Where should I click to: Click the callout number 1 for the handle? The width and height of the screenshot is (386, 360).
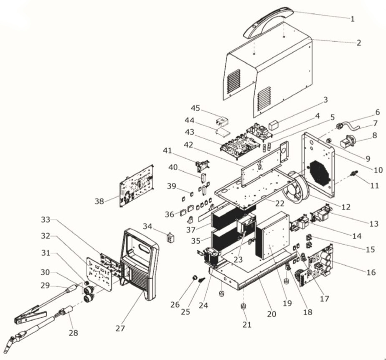pos(352,18)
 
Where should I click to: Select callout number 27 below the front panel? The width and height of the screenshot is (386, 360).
pos(120,328)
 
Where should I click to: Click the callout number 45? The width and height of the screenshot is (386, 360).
pos(196,108)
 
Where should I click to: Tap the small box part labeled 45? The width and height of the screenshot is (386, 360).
pos(222,122)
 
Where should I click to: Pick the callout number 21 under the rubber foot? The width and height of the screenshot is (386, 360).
pos(247,324)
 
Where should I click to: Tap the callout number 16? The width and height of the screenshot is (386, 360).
pos(371,272)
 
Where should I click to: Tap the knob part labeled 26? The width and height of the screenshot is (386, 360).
pos(193,278)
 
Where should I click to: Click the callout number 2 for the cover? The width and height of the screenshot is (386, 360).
pos(358,43)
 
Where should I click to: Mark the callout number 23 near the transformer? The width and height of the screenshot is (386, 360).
pos(238,259)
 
